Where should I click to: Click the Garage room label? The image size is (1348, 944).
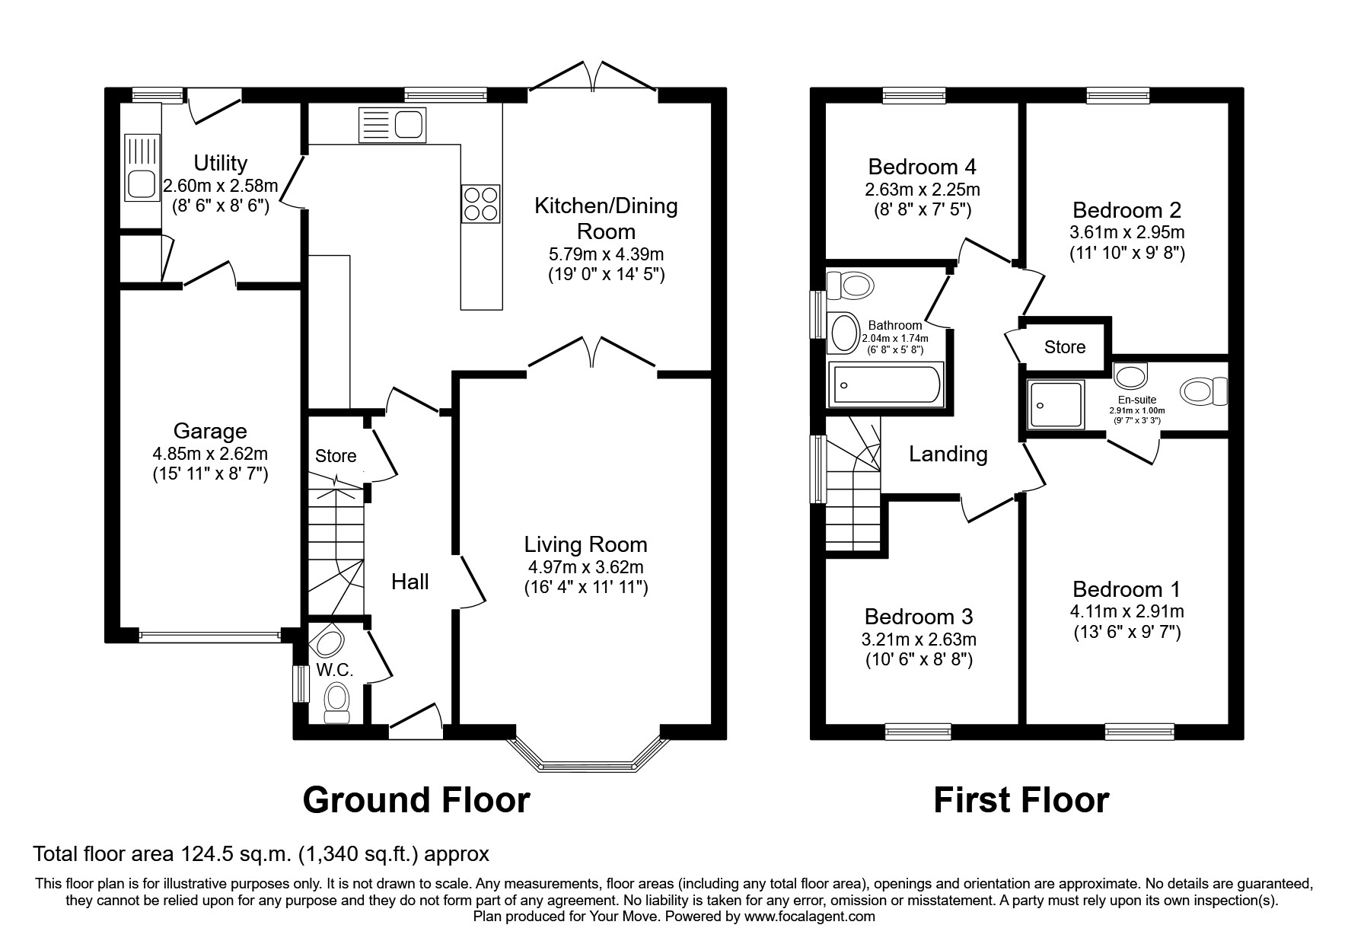pos(209,432)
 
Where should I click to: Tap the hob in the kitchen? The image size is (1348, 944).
pos(481,204)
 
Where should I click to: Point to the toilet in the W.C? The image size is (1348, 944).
pos(336,701)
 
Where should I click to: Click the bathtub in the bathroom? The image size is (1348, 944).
pos(885,384)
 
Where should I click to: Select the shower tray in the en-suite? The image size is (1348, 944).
pos(1054,404)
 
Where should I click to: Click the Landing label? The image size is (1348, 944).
pos(948,454)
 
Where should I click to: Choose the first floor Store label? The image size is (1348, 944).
pos(1064,347)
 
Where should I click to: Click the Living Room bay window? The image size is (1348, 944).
pos(585,763)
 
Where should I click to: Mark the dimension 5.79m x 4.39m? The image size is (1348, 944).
pos(606,254)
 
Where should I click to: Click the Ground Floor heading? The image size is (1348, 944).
pos(416,801)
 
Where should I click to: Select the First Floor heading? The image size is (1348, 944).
pos(1021,801)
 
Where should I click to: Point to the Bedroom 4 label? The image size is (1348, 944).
pos(922,167)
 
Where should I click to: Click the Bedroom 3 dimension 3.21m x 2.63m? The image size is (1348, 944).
pos(918,639)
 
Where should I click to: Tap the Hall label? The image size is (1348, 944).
pos(409,582)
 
